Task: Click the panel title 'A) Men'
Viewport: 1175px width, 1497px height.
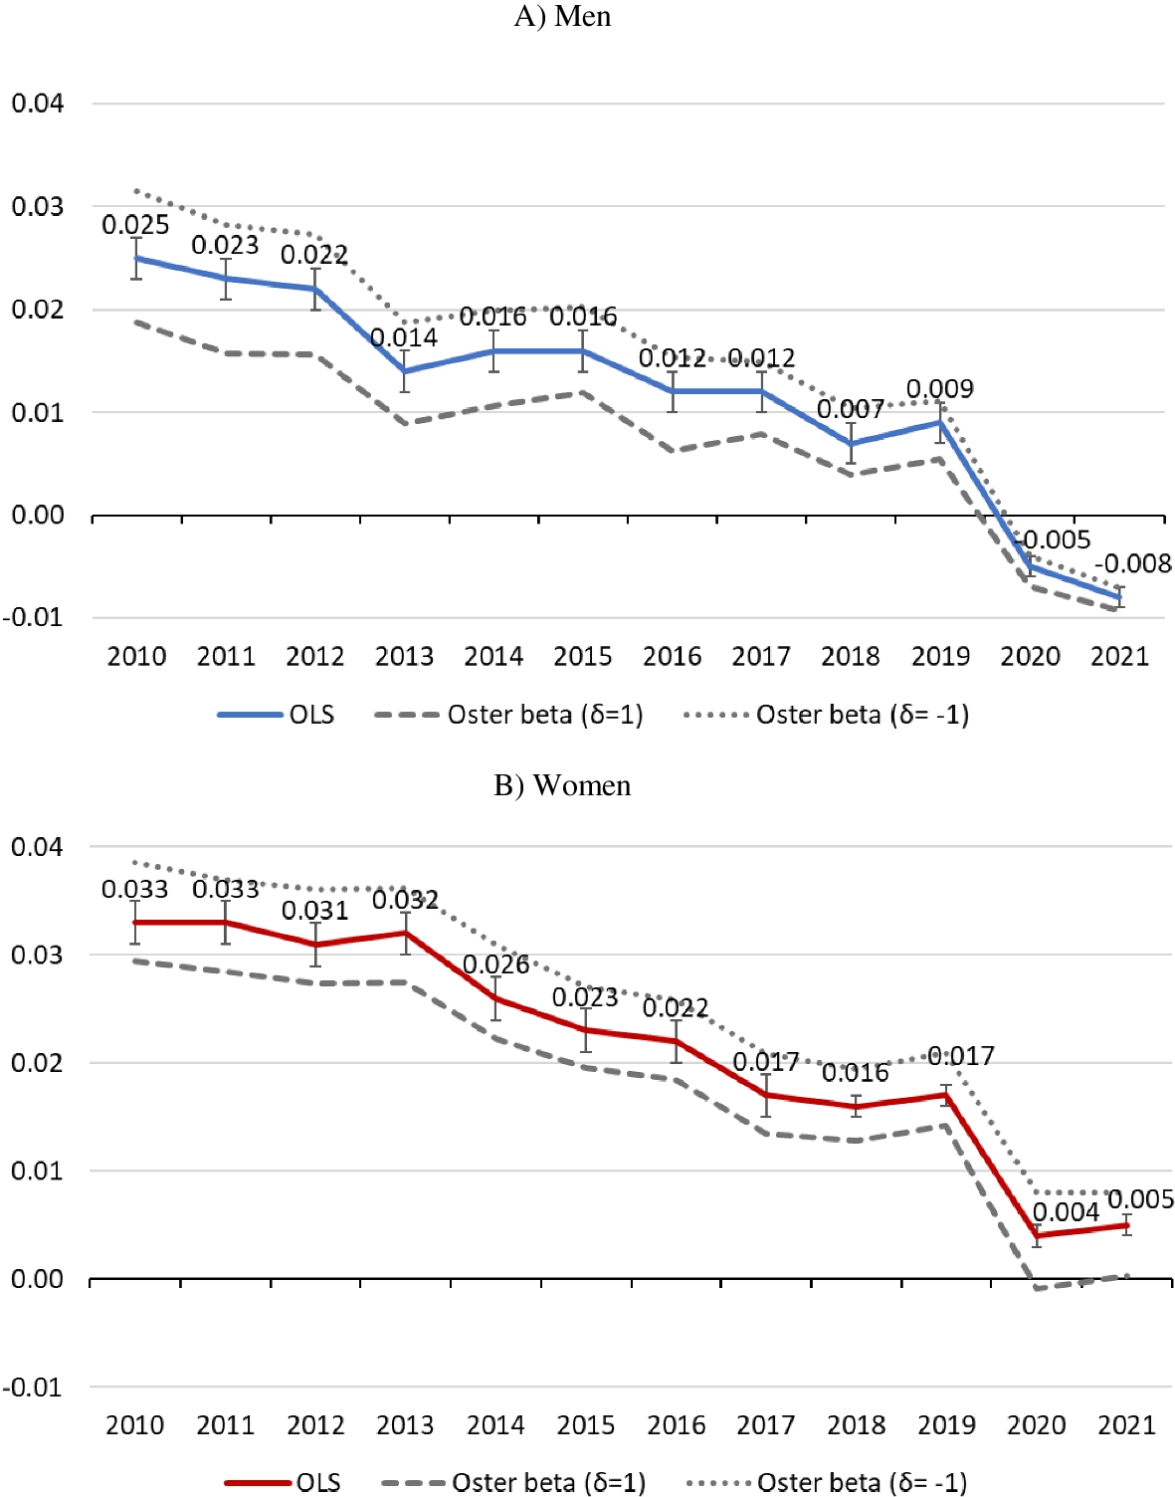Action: point(562,17)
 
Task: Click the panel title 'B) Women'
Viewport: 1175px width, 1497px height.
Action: point(562,785)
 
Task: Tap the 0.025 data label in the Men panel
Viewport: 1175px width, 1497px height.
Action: point(135,225)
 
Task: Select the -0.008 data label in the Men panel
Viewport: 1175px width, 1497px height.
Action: point(1133,564)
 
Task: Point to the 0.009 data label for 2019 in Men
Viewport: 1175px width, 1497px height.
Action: point(940,389)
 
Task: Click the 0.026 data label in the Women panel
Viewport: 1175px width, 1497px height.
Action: point(495,964)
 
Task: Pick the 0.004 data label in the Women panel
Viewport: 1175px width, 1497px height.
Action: point(1066,1212)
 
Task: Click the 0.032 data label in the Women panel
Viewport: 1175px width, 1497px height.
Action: point(405,900)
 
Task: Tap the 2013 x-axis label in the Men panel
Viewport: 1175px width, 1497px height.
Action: point(404,657)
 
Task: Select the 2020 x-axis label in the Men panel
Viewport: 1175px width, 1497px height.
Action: point(1030,657)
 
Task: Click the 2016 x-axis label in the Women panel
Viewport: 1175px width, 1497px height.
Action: point(677,1425)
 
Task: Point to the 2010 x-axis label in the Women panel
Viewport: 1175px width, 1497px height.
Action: point(135,1425)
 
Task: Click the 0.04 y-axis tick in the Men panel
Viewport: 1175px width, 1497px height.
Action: point(38,104)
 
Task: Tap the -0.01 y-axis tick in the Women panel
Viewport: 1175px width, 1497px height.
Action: point(34,1387)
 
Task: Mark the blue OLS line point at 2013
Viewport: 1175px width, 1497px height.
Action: point(405,371)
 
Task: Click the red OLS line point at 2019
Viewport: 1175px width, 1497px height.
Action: point(946,1095)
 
